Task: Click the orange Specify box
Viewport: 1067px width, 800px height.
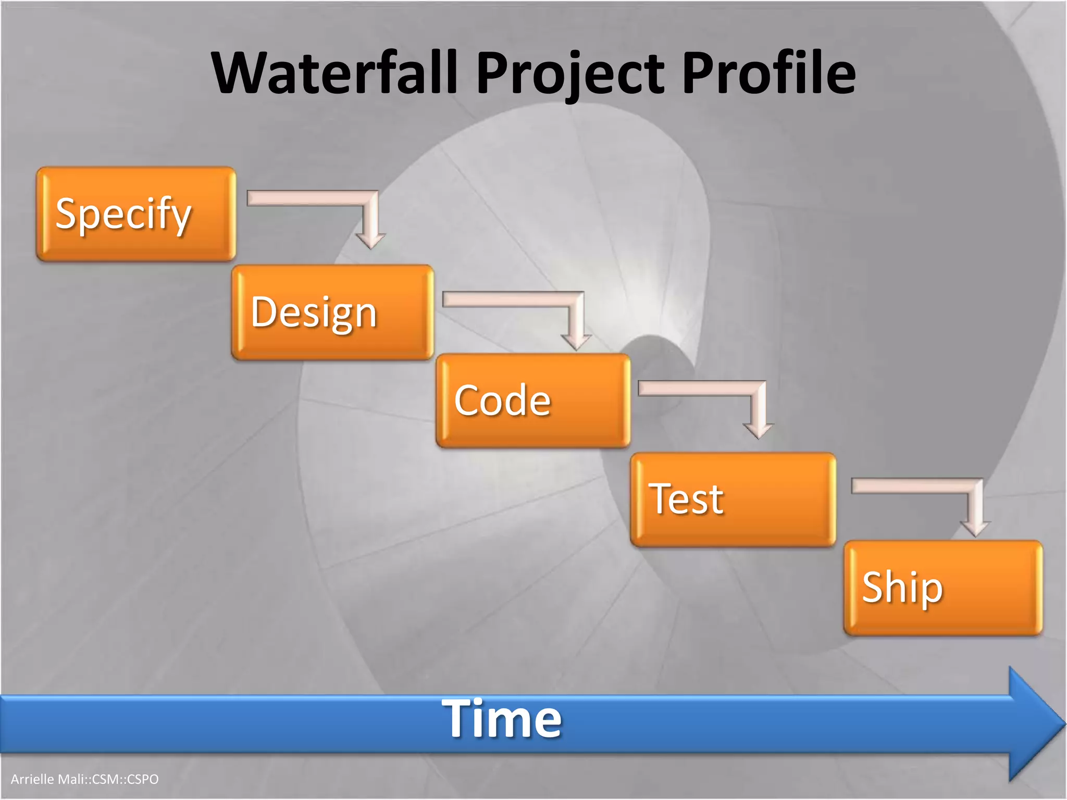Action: (136, 214)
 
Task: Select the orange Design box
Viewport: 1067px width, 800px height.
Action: (332, 312)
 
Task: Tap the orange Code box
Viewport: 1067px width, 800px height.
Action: (533, 401)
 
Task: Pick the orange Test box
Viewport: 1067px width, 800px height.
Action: (733, 499)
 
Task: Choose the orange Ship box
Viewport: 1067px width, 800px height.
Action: (943, 587)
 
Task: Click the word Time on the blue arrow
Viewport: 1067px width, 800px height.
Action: (502, 719)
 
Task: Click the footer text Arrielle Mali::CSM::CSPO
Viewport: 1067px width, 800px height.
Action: (85, 779)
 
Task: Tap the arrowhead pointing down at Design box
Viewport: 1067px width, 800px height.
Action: (370, 240)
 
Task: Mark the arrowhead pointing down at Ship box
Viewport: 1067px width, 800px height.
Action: (975, 529)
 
